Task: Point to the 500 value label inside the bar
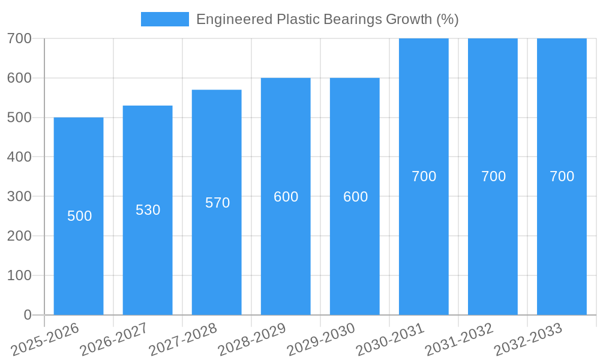point(79,216)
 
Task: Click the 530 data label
point(148,210)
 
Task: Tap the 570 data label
point(217,203)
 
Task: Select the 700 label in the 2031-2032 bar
point(493,176)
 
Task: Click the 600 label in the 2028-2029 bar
point(286,197)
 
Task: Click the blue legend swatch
point(164,19)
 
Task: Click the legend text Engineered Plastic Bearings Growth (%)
point(327,19)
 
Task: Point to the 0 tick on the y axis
point(28,314)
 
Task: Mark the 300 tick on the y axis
point(19,196)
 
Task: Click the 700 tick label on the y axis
point(19,38)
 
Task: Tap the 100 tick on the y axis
point(19,275)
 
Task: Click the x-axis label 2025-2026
point(45,340)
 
